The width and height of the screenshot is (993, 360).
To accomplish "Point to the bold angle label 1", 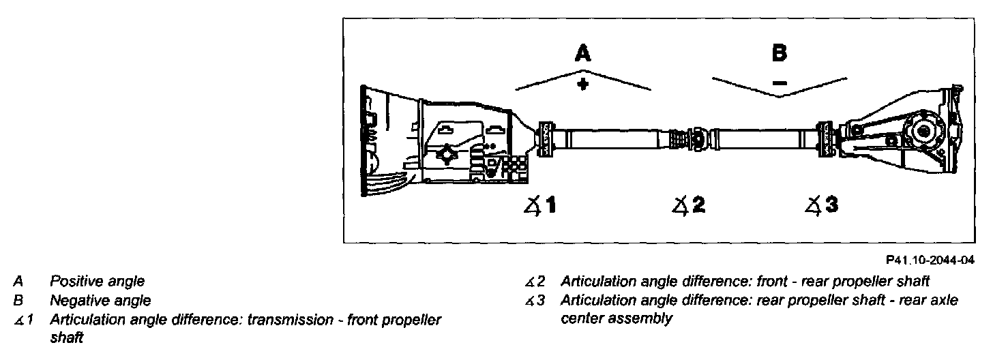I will tap(550, 205).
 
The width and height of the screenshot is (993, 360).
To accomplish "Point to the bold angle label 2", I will tap(698, 205).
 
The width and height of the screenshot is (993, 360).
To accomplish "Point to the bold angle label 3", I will tap(831, 204).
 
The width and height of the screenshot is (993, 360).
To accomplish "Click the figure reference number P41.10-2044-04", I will tap(931, 260).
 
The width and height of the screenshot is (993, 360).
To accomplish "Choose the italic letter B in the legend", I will tap(18, 300).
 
